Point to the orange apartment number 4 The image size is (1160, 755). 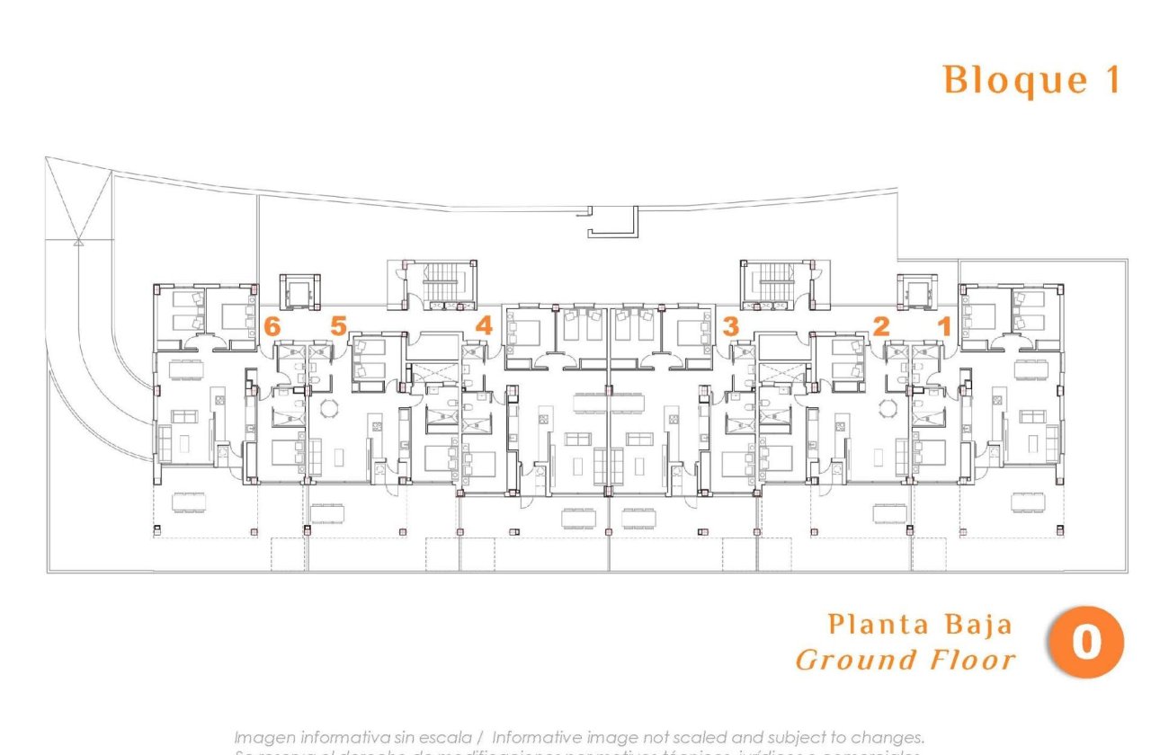(x=484, y=325)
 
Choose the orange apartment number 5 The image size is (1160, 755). (x=337, y=325)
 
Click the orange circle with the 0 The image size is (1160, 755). (x=1086, y=643)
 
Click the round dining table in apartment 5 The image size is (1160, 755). (x=328, y=408)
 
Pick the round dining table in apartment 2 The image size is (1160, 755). (x=888, y=408)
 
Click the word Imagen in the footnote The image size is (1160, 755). (x=264, y=737)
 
